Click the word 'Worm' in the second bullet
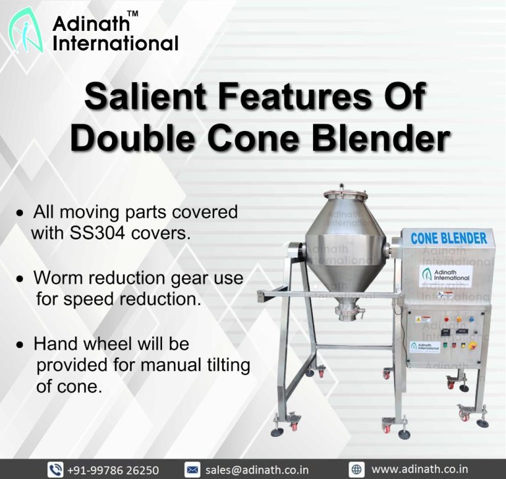[x=59, y=278]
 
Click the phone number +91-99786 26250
[x=113, y=470]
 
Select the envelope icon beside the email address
[x=192, y=470]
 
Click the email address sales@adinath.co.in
[x=257, y=470]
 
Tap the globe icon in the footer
[x=356, y=470]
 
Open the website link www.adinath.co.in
[x=420, y=470]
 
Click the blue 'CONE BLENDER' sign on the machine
[x=449, y=238]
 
